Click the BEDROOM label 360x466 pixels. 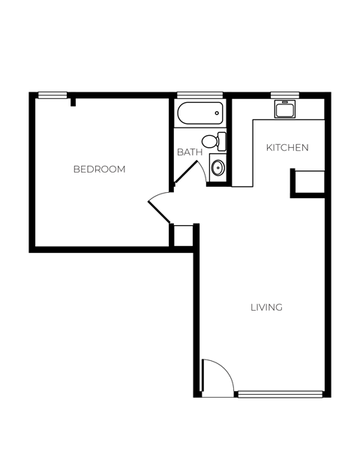click(99, 169)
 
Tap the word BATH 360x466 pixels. click(189, 152)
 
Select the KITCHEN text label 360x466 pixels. click(287, 148)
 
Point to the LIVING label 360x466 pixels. click(266, 307)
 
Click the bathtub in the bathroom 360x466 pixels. click(200, 114)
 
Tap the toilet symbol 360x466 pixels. click(212, 140)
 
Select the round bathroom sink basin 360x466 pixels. click(217, 167)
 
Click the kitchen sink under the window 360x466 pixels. click(284, 110)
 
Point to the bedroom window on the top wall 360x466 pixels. click(52, 95)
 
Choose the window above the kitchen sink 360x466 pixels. click(284, 95)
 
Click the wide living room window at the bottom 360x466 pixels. click(280, 392)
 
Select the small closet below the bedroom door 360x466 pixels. click(182, 235)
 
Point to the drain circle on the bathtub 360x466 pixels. click(217, 114)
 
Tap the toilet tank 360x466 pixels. click(221, 140)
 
